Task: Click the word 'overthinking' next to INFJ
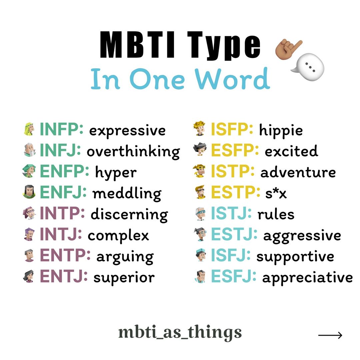133,152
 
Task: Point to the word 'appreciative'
307,278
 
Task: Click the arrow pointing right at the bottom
330,335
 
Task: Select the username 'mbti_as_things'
180,333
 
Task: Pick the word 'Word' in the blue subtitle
233,79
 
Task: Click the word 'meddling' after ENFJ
127,193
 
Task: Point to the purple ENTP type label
65,256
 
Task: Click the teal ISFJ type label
231,256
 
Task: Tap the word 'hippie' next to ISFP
281,130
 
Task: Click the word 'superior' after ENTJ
124,277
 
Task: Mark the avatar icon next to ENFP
29,172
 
